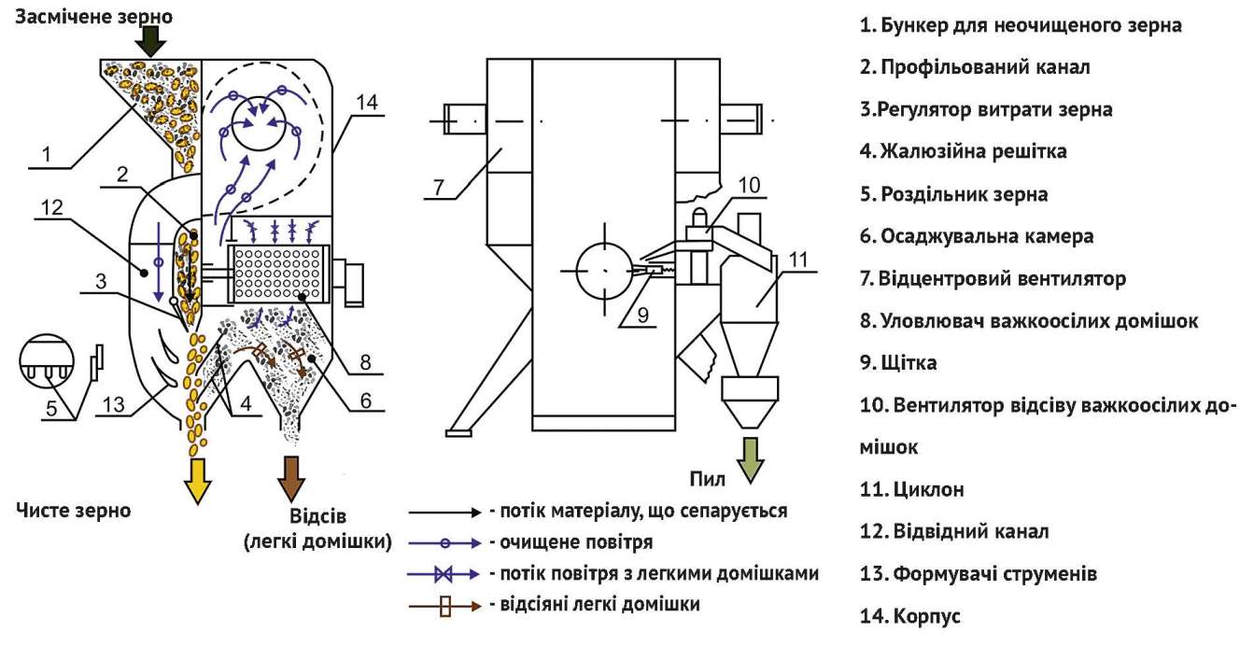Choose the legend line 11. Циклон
(911, 489)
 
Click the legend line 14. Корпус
(909, 616)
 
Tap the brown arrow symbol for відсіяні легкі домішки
(444, 605)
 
